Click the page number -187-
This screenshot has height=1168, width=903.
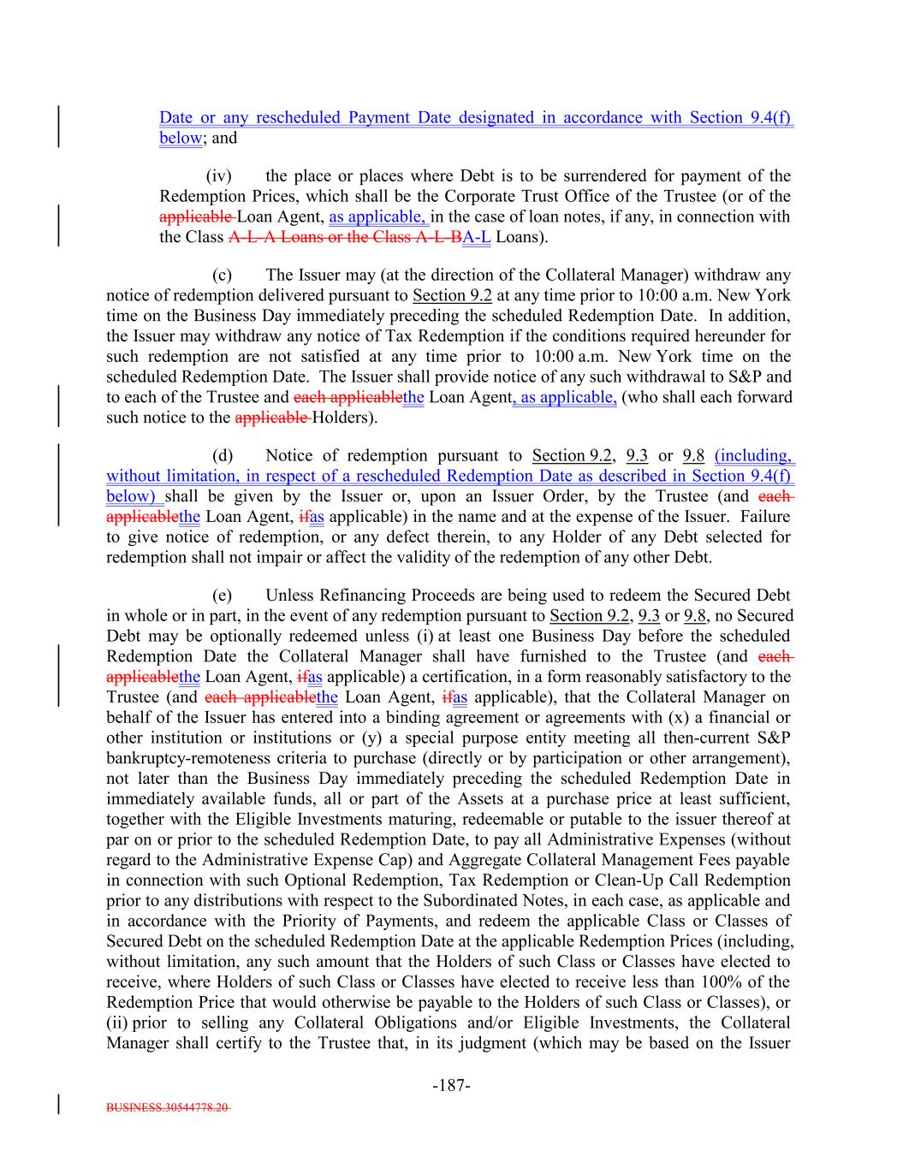451,1086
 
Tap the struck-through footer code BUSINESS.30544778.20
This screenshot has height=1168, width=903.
168,1106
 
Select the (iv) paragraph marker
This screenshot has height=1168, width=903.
219,176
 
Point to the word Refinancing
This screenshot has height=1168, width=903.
359,596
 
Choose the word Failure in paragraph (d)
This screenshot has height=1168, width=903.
764,517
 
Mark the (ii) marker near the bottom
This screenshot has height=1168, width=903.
116,1023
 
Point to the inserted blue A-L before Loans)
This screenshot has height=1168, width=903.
476,237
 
